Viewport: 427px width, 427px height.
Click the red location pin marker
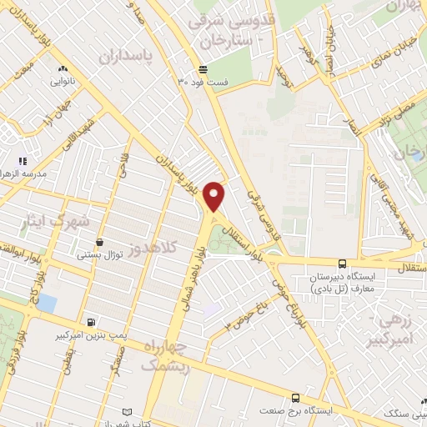click(215, 195)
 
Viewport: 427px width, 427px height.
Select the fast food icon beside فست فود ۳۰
click(203, 69)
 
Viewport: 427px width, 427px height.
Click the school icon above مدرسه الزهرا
click(23, 160)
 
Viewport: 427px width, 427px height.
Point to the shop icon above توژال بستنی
click(100, 242)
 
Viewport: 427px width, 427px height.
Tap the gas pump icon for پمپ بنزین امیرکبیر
click(90, 322)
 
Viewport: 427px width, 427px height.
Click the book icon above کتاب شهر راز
click(127, 412)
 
